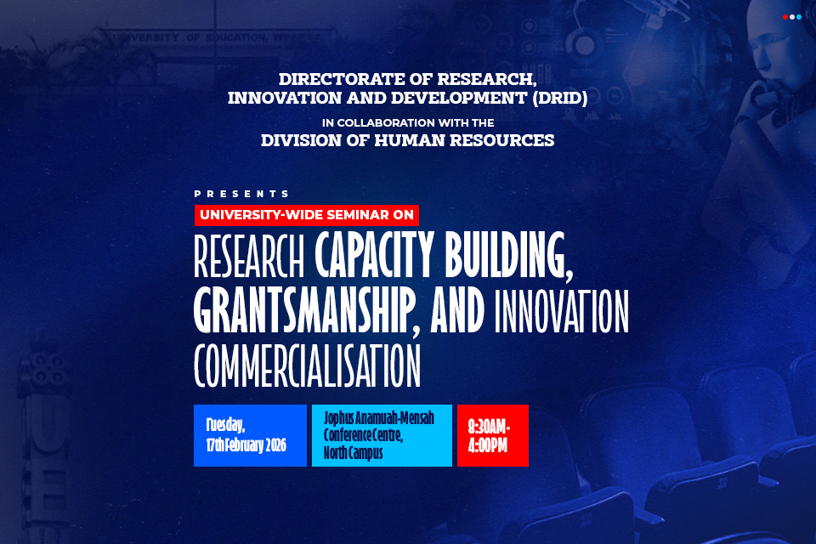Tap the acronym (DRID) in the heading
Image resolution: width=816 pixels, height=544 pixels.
coord(553,99)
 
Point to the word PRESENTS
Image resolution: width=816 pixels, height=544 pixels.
coord(241,194)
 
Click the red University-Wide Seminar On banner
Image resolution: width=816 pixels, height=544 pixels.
coord(307,215)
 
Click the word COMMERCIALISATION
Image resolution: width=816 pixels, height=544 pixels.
coord(307,366)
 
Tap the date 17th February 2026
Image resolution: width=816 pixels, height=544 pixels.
coord(246,445)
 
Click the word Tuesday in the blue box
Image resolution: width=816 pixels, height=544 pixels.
coord(225,425)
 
